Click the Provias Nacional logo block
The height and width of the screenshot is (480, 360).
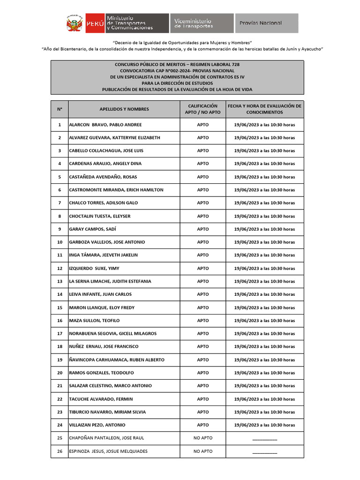click(x=267, y=23)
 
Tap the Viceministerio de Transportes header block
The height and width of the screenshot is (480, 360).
click(x=202, y=23)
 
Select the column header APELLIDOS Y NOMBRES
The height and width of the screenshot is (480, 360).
click(x=124, y=109)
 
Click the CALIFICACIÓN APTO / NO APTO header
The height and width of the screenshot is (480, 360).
click(x=203, y=109)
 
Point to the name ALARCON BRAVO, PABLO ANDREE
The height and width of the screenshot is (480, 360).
click(x=105, y=125)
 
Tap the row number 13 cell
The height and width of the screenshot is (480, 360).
click(x=60, y=281)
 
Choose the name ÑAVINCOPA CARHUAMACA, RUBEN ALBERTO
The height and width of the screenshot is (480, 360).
click(x=117, y=360)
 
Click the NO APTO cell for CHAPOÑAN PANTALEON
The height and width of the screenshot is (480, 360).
click(x=203, y=438)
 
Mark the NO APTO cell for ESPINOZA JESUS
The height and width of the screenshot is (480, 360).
click(x=203, y=451)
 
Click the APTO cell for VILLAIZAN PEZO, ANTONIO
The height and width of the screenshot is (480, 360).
click(x=203, y=425)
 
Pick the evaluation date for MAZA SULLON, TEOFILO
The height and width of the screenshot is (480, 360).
click(x=264, y=321)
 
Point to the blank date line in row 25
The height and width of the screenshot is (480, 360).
click(x=264, y=439)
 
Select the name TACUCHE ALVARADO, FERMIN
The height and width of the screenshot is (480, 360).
click(x=101, y=399)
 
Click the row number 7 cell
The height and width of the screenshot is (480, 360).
click(x=60, y=203)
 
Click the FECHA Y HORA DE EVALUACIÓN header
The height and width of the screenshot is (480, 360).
click(x=264, y=109)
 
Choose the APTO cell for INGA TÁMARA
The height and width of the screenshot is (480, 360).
click(x=203, y=255)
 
